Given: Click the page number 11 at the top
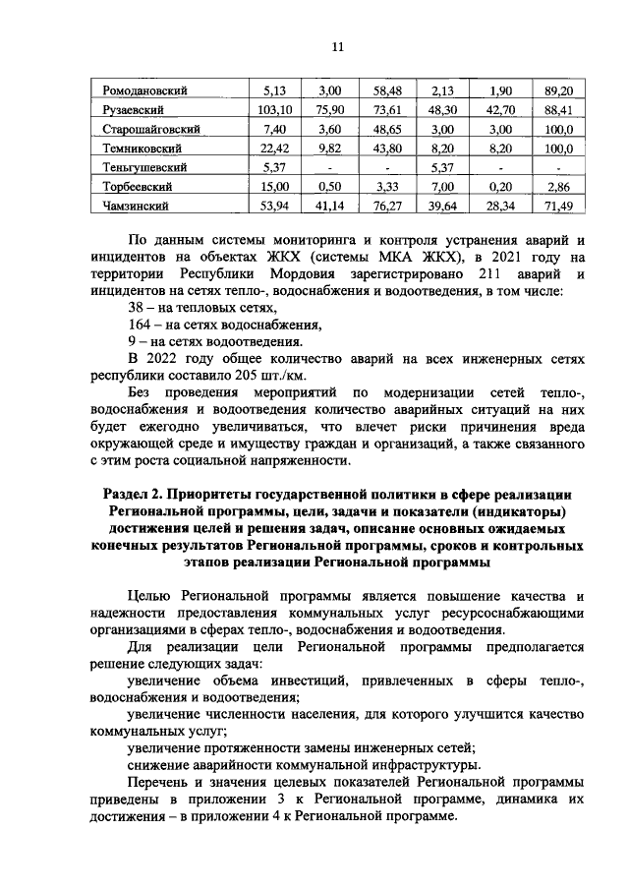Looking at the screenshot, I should click(x=337, y=47).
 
